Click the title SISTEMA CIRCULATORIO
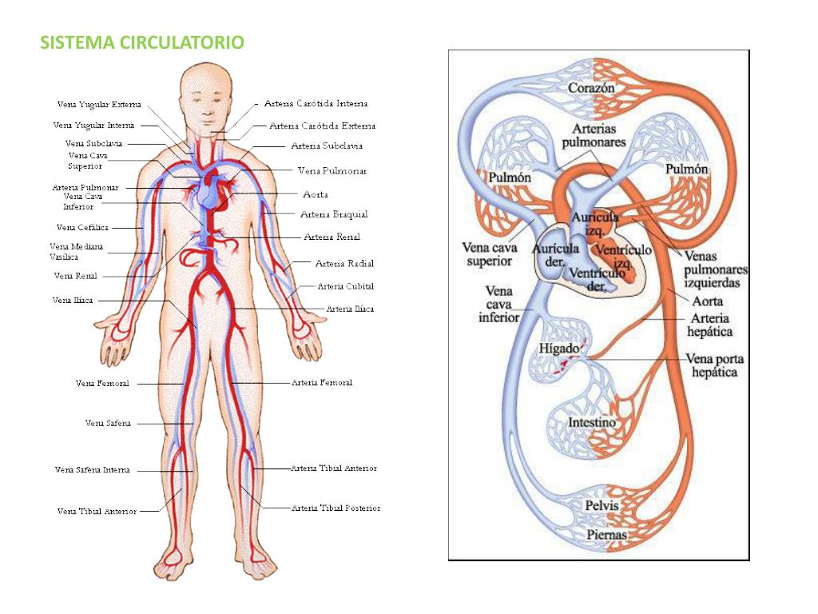click(x=142, y=42)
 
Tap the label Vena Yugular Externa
click(x=99, y=104)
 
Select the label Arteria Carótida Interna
click(x=316, y=103)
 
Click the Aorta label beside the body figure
click(x=316, y=194)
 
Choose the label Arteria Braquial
click(x=334, y=214)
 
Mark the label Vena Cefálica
click(x=82, y=227)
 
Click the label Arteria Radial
click(x=344, y=263)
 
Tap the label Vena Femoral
click(x=102, y=384)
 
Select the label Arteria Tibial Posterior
click(x=336, y=508)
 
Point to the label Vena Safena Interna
click(x=92, y=470)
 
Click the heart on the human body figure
click(x=212, y=192)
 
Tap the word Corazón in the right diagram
click(x=591, y=88)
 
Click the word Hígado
click(x=558, y=349)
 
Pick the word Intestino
click(x=592, y=421)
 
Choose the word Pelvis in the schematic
click(x=602, y=506)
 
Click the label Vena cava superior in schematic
click(x=490, y=253)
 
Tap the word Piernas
click(x=606, y=534)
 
